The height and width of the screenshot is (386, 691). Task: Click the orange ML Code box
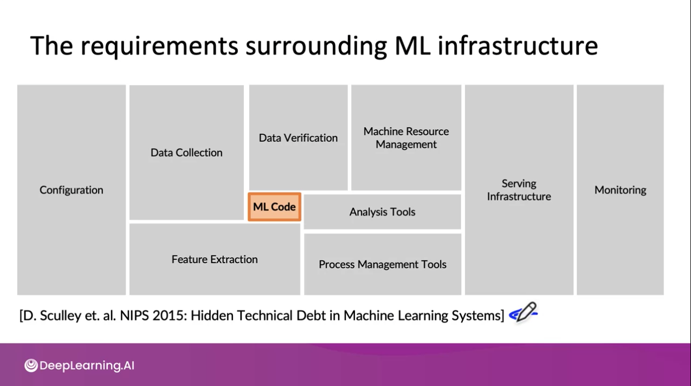pos(274,207)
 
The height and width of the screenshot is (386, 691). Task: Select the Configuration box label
pos(71,190)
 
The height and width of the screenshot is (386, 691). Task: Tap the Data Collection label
pos(186,153)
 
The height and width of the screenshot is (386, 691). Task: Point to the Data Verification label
pos(298,138)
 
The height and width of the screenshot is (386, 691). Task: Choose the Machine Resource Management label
pos(406,138)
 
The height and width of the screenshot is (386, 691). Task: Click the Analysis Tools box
pos(382,212)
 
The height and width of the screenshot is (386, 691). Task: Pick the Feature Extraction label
pos(215,259)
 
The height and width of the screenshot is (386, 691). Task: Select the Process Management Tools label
pos(383,264)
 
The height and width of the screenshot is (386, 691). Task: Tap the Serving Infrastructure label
pos(519,190)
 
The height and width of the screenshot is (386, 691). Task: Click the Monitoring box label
pos(620,190)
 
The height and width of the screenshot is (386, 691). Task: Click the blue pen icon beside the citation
pos(523,312)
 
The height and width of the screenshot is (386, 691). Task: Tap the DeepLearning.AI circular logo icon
pos(31,365)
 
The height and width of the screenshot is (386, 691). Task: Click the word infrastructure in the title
pos(517,46)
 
